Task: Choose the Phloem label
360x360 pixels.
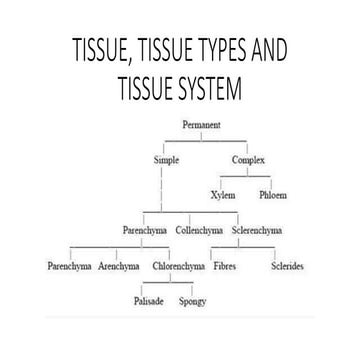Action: click(273, 196)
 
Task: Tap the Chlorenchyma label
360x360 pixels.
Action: click(179, 267)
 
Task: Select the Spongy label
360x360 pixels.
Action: click(193, 302)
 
